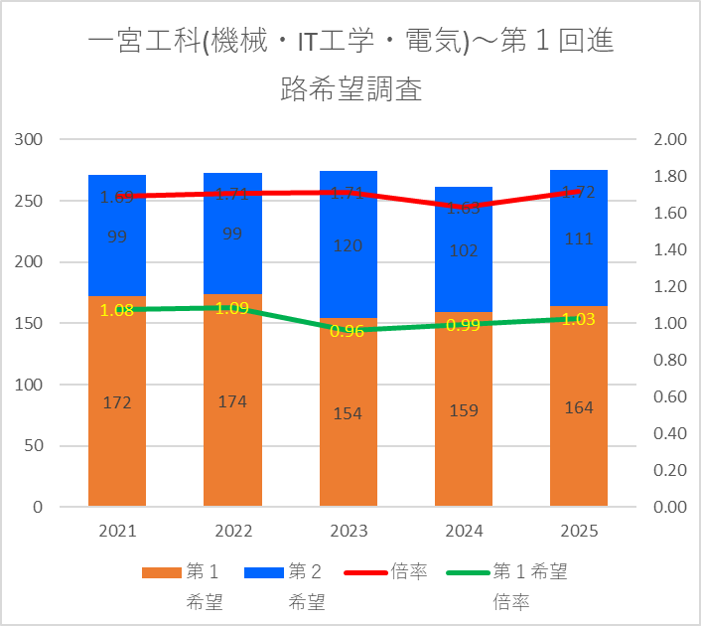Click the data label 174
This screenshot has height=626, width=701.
[232, 401]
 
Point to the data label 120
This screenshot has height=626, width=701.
[348, 245]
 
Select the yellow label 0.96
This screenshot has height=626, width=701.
[348, 331]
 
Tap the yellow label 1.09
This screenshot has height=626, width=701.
[232, 308]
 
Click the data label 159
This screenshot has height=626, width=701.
[463, 409]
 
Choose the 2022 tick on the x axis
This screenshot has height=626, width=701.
[232, 531]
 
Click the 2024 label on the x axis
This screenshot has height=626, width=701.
[463, 531]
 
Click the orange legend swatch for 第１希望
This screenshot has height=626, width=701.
[161, 572]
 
